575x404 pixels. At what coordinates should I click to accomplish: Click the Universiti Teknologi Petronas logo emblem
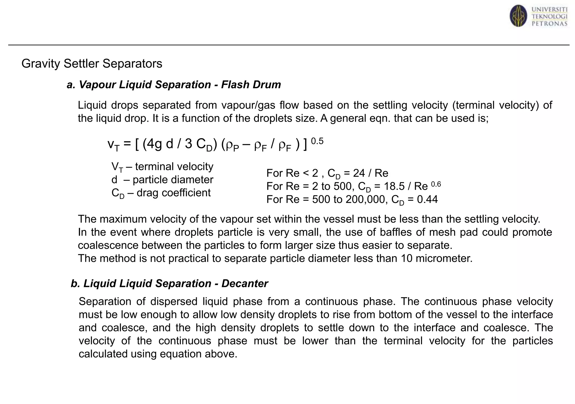click(x=518, y=16)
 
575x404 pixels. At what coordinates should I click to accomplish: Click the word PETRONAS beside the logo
click(x=549, y=24)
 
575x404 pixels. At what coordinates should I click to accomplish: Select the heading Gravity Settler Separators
click(x=92, y=64)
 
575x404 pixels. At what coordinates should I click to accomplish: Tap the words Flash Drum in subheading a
click(x=251, y=84)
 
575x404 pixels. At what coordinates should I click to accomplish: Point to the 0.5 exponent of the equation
click(x=317, y=141)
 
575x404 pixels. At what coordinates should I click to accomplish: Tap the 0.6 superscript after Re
click(x=436, y=184)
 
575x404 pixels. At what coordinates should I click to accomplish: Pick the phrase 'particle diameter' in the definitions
click(x=173, y=180)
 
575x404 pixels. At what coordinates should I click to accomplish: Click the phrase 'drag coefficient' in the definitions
click(x=174, y=193)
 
